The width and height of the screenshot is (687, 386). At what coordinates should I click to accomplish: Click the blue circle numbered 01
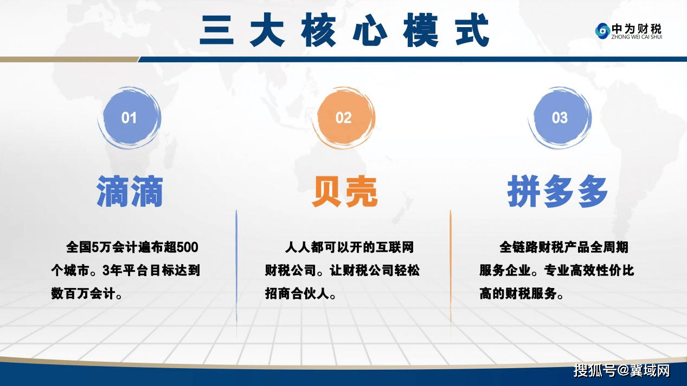click(x=129, y=118)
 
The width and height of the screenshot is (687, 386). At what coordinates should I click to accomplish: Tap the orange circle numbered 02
click(x=344, y=118)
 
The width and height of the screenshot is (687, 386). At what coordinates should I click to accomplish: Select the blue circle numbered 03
click(x=560, y=118)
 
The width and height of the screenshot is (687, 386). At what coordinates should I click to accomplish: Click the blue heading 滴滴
click(x=130, y=192)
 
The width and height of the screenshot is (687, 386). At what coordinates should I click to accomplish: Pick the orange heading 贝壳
click(x=344, y=192)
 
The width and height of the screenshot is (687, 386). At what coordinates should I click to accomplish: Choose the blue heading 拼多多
click(x=557, y=192)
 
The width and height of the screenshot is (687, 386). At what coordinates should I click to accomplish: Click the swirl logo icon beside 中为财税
click(x=602, y=31)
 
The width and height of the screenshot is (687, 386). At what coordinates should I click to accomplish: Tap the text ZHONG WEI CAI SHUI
click(x=637, y=37)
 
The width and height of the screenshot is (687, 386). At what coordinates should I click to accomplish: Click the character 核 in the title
click(x=318, y=30)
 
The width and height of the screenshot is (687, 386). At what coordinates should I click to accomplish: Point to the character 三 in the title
click(x=216, y=30)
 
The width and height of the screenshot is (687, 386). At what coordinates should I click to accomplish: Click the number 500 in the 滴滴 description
click(x=188, y=247)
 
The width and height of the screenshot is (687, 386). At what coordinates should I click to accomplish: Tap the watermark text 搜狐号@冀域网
click(x=622, y=371)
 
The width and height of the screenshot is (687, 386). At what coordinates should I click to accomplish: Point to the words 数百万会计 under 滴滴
click(x=83, y=294)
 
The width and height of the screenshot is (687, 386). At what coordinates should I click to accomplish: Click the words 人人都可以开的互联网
click(x=349, y=247)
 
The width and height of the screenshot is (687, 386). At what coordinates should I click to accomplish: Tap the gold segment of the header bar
click(x=69, y=60)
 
